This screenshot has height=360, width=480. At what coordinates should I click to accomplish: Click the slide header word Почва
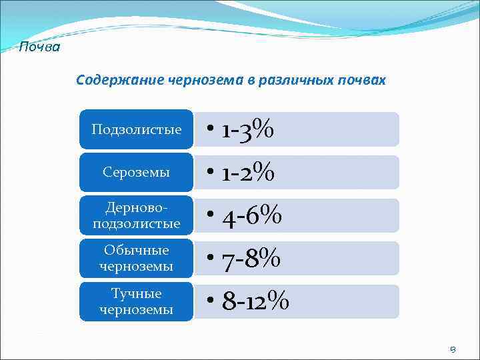click(x=39, y=47)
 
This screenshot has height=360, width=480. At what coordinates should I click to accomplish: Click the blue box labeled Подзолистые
click(x=136, y=129)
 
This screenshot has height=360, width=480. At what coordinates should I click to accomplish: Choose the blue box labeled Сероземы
click(x=136, y=173)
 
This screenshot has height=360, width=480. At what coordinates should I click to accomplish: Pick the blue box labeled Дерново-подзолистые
click(x=136, y=216)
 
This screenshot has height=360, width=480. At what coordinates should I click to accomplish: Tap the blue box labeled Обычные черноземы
click(x=136, y=259)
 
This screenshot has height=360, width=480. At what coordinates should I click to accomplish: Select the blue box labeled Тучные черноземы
click(x=136, y=301)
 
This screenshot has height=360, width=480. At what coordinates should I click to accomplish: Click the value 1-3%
click(x=247, y=129)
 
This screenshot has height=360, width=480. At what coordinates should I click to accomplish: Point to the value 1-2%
click(x=248, y=173)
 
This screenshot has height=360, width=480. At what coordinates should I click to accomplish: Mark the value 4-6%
click(x=252, y=216)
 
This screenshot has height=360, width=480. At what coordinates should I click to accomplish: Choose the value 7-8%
click(x=251, y=259)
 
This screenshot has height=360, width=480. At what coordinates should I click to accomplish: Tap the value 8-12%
click(x=255, y=302)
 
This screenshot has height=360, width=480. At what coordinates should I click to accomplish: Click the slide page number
click(x=453, y=349)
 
